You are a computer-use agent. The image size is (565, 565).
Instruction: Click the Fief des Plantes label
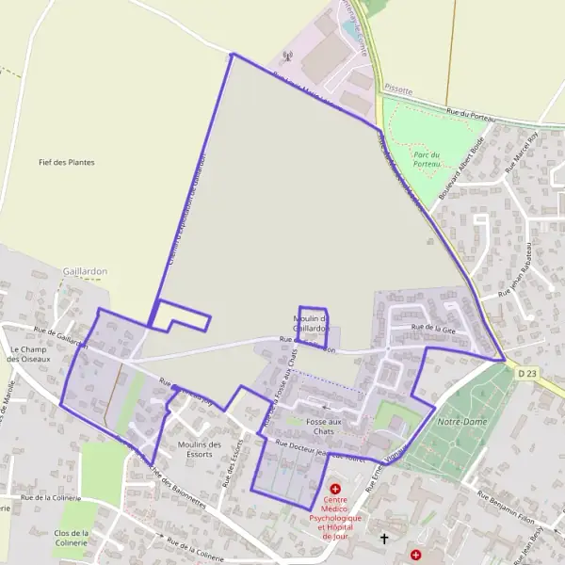point(67,162)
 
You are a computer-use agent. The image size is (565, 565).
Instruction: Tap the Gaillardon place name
point(86,270)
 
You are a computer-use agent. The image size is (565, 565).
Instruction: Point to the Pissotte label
point(399,87)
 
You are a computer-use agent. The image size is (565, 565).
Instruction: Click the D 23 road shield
point(527,374)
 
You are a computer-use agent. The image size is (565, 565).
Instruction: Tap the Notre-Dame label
point(462,422)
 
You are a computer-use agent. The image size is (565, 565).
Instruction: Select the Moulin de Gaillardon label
point(311,323)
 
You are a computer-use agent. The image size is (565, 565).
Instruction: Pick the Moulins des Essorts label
point(199,449)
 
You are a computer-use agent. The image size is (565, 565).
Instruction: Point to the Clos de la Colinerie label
point(71,537)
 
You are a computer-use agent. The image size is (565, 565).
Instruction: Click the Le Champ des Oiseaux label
point(26,353)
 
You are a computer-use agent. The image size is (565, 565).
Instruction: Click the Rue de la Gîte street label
point(433,328)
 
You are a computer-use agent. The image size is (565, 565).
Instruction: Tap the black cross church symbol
point(384,539)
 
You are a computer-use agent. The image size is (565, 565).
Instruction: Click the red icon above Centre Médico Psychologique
point(334,489)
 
